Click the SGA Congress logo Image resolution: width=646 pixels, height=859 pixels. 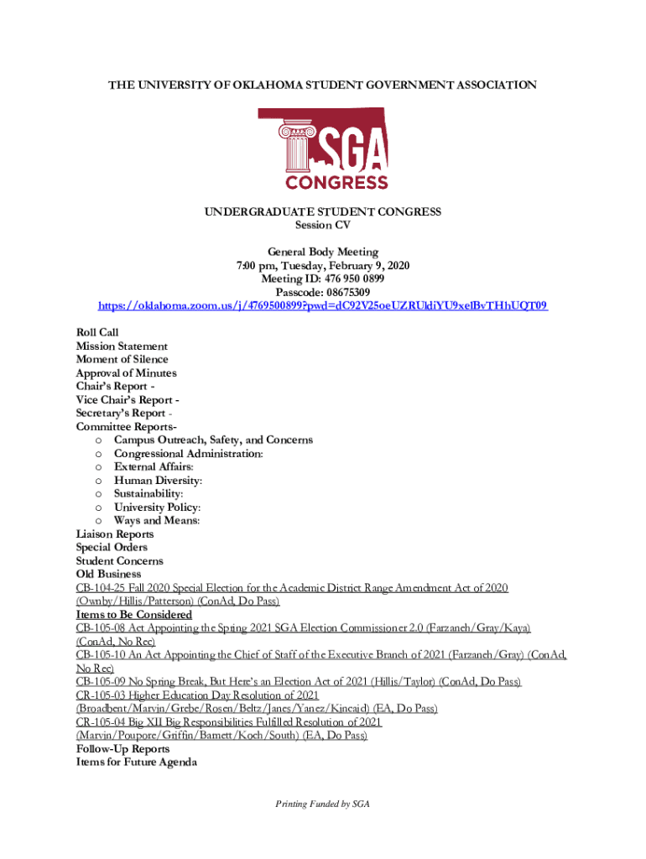323,148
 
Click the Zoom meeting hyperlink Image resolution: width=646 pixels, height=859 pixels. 323,305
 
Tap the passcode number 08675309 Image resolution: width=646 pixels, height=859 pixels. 342,292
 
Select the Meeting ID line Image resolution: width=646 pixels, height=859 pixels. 323,279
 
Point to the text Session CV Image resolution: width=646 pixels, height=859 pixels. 323,225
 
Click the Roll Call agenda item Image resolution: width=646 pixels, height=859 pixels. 97,333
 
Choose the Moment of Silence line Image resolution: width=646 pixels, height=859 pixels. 122,360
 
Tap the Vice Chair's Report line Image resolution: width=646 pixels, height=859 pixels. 127,400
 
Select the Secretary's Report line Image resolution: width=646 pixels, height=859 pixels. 124,414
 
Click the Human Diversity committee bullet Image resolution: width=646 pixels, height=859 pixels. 158,481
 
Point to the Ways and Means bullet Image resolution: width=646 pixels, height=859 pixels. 157,521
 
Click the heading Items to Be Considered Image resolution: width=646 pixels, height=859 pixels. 134,615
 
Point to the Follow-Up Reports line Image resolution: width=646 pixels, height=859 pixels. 122,749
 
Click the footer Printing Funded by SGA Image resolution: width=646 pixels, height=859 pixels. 323,804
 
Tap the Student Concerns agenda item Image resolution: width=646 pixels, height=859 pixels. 120,561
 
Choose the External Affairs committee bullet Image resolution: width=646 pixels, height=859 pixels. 154,467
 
